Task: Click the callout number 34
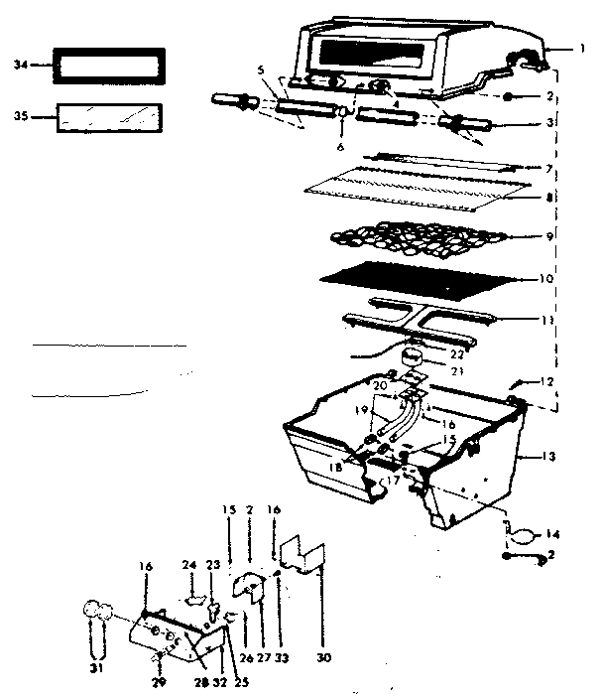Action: click(x=21, y=65)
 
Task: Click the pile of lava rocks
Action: click(x=417, y=237)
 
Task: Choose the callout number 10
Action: click(x=544, y=279)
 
